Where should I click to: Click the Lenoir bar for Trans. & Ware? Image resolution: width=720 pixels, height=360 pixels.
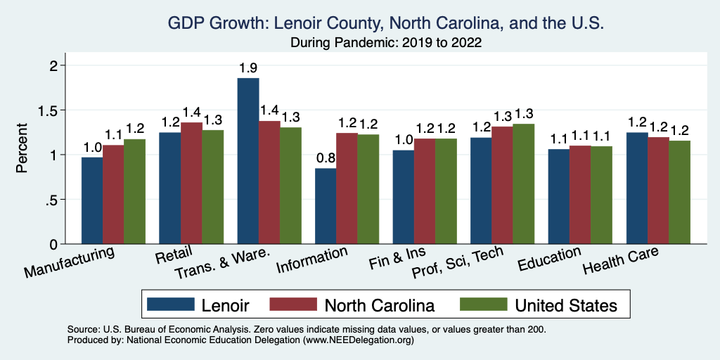(248, 161)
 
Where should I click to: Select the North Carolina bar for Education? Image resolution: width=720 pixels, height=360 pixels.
(580, 195)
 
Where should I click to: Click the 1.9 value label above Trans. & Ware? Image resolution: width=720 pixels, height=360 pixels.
(248, 69)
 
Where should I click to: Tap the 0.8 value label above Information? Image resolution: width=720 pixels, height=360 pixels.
(326, 159)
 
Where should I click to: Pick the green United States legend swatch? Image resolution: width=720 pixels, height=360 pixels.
(484, 304)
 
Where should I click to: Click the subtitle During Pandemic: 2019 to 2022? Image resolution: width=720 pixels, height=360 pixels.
(385, 43)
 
